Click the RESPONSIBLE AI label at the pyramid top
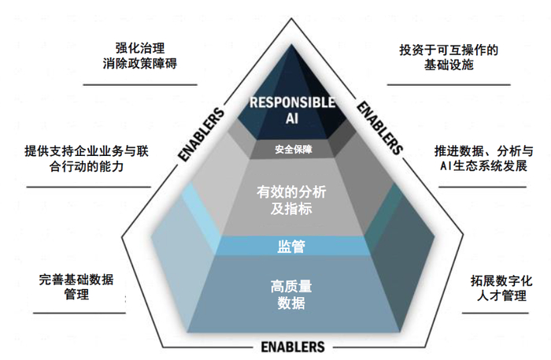point(291,110)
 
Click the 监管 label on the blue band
point(291,247)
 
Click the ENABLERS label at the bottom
point(291,347)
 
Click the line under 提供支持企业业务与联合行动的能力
point(87,187)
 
